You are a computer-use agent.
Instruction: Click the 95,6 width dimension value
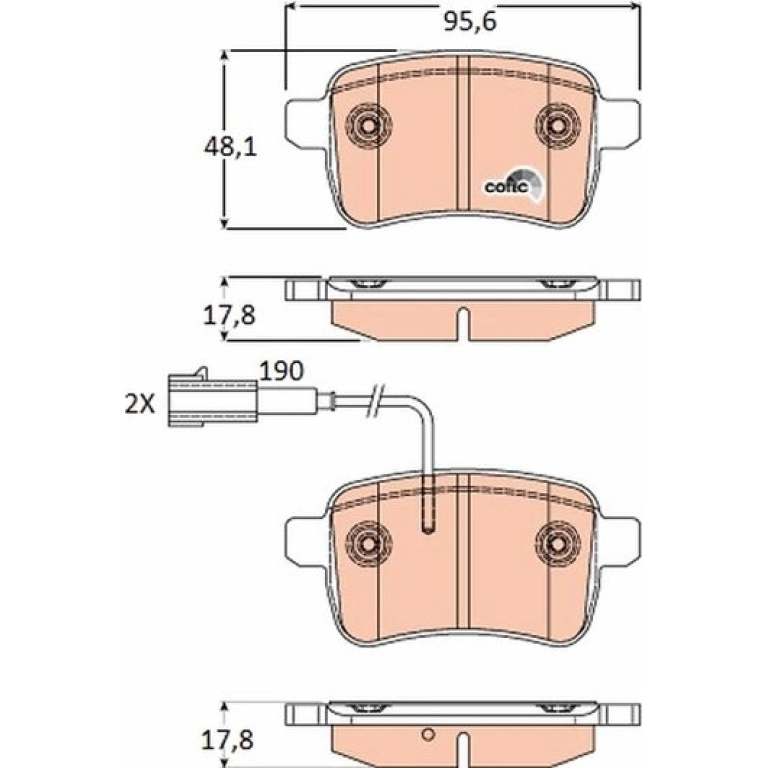point(470,22)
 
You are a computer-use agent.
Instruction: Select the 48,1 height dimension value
point(230,147)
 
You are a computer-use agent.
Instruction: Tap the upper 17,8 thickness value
point(229,316)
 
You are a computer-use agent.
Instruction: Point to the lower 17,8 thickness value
point(228,741)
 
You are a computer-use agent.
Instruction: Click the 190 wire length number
point(281,371)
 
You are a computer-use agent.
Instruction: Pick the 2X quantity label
point(139,405)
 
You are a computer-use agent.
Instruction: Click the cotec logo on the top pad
point(513,185)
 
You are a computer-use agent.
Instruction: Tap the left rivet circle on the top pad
point(368,126)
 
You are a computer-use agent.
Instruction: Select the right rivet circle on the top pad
point(558,126)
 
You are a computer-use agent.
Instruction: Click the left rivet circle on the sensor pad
point(368,543)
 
